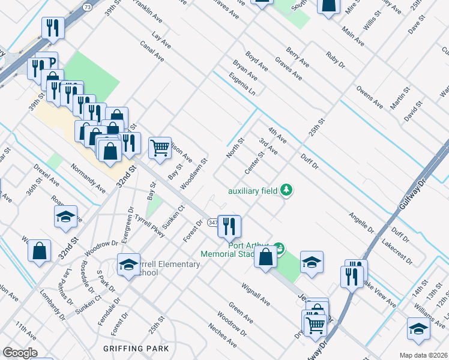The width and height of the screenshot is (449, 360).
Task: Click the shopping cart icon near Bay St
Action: [x=160, y=147]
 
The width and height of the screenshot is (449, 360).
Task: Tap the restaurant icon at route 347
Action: [x=229, y=226]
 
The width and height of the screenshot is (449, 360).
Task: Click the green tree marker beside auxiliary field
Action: [x=288, y=191]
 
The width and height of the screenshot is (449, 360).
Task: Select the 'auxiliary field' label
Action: [x=252, y=191]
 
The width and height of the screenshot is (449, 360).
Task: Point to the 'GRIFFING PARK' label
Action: [x=136, y=348]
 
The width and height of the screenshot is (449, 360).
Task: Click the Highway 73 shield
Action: [x=88, y=7]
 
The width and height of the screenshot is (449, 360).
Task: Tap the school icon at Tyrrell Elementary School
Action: [x=128, y=265]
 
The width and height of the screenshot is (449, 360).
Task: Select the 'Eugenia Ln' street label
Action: [x=243, y=84]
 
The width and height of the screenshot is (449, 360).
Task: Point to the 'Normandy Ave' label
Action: [x=88, y=178]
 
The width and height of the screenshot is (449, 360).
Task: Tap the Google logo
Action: [x=20, y=353]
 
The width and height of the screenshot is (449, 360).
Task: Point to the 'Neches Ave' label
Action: [x=222, y=335]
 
